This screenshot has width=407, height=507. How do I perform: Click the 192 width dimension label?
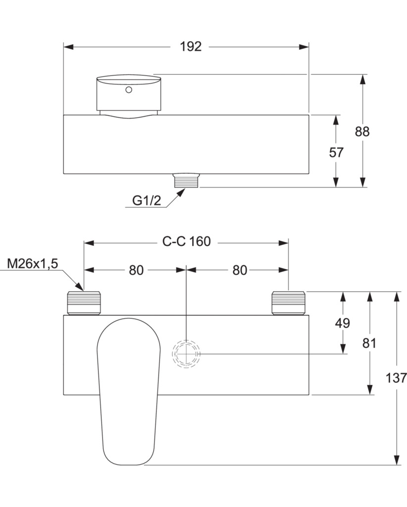click(x=191, y=47)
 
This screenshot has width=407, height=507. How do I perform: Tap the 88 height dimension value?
click(x=362, y=132)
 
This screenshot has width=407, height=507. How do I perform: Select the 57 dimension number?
click(x=336, y=152)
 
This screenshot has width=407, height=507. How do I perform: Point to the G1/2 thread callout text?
click(x=147, y=201)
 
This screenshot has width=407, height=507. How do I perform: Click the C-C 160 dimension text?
click(x=187, y=241)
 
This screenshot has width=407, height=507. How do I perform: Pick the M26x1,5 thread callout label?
click(x=32, y=264)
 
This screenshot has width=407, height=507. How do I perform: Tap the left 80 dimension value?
click(x=136, y=270)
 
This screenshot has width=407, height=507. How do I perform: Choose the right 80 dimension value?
click(x=240, y=270)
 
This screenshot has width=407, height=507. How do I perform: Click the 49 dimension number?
click(x=343, y=323)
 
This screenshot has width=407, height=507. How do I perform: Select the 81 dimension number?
click(x=369, y=343)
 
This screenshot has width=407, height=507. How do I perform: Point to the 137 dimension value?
click(x=396, y=378)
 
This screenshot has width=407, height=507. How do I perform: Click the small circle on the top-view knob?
click(x=129, y=90)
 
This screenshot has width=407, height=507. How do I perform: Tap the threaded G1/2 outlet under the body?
click(x=187, y=180)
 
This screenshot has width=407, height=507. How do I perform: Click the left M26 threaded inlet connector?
click(x=84, y=303)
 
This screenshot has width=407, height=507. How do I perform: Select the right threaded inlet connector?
click(x=288, y=303)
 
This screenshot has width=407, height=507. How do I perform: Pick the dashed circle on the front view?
click(x=186, y=354)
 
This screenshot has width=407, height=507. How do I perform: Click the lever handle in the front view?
click(x=129, y=392)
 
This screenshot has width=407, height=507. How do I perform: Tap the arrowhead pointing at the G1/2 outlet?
click(x=181, y=193)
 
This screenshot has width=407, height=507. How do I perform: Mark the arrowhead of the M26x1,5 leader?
click(x=80, y=286)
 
